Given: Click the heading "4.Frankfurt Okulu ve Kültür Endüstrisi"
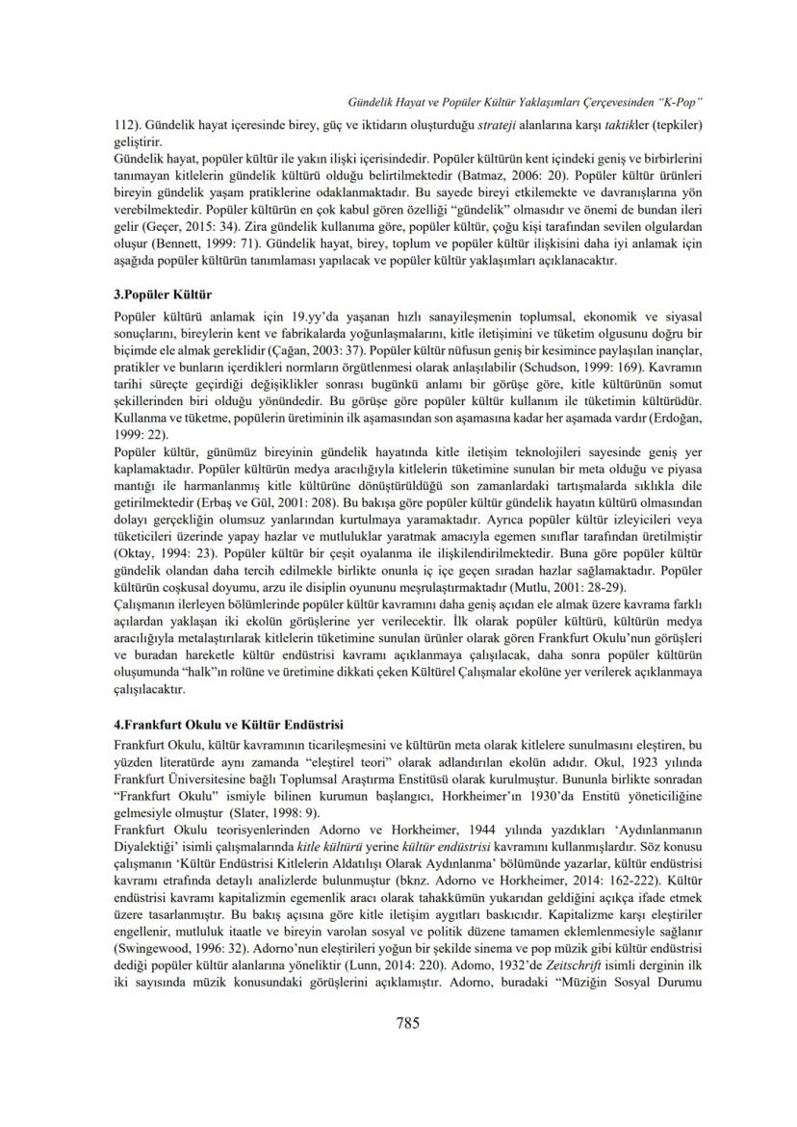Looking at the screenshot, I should coord(228,723).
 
